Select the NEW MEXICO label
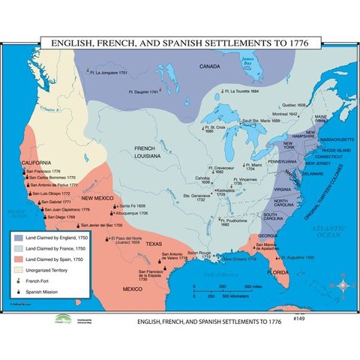pos(97,197)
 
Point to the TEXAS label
pos(153,244)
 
